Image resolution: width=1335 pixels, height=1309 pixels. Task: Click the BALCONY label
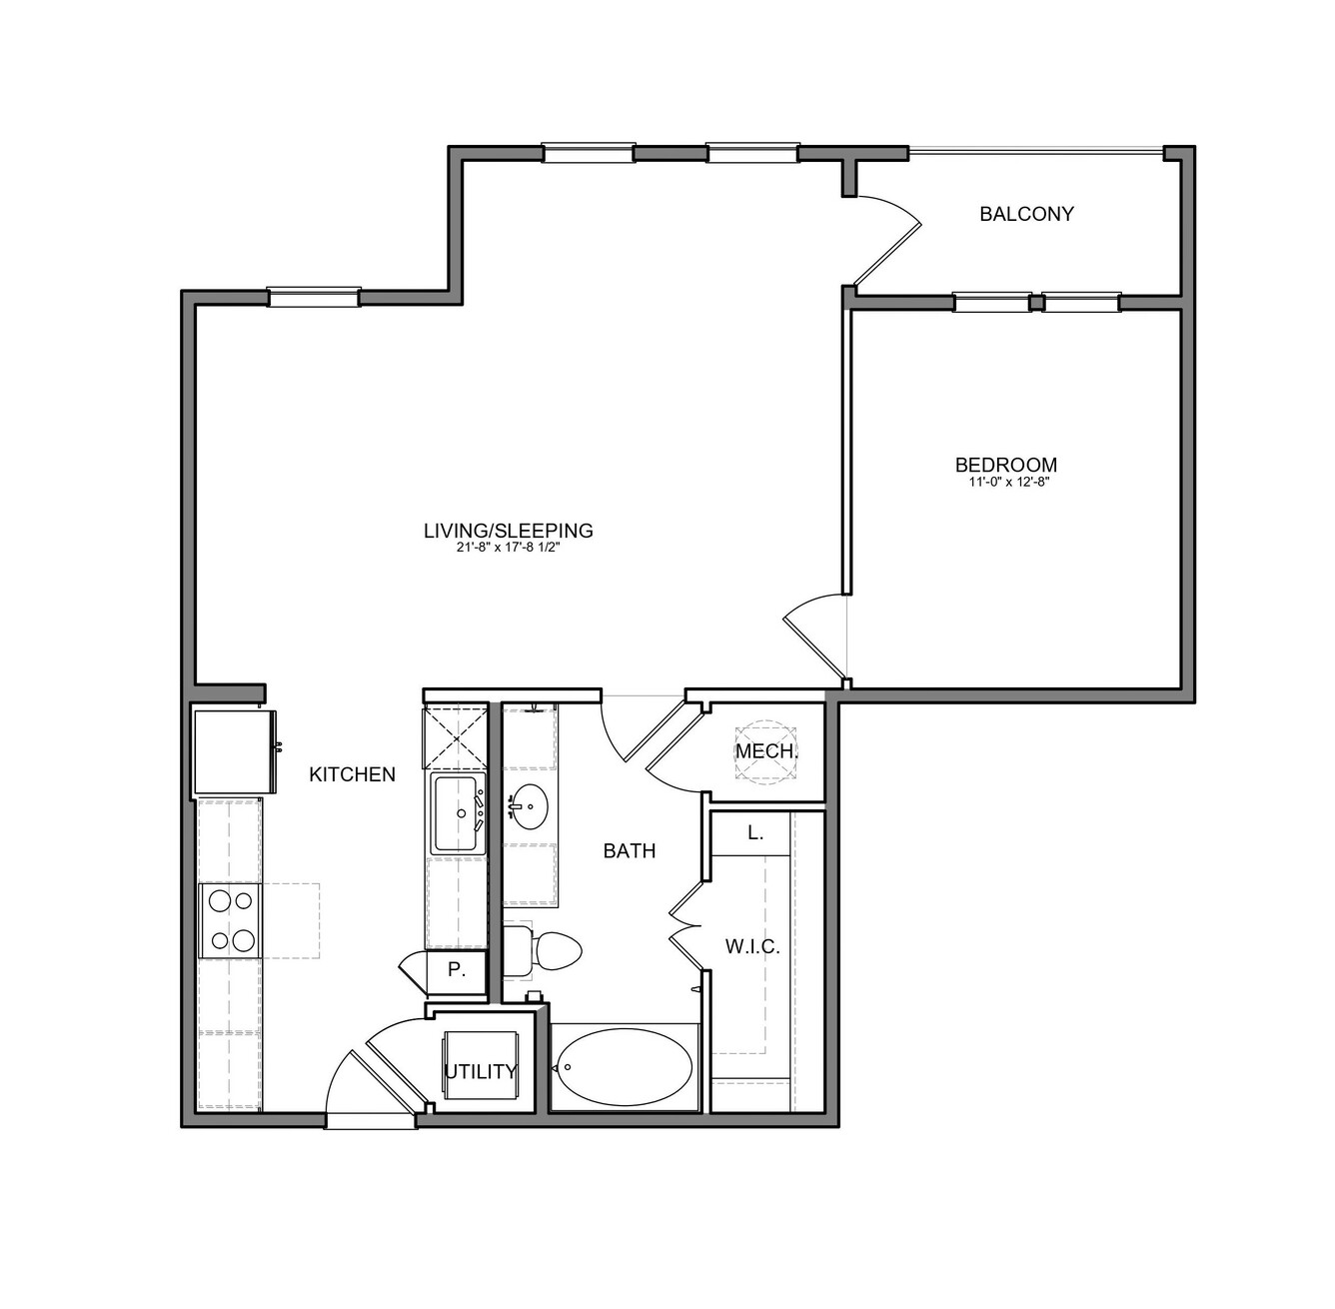(x=1026, y=214)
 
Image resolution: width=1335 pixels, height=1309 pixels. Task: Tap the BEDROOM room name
(x=1006, y=465)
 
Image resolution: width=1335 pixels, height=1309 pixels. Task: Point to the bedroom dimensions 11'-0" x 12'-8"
(x=1006, y=483)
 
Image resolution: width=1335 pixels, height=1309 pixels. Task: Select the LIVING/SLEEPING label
(x=509, y=531)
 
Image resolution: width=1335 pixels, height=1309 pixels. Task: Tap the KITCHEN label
(x=352, y=774)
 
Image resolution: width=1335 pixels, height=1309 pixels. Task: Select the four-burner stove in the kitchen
(x=230, y=921)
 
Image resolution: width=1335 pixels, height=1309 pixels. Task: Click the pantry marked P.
(x=456, y=969)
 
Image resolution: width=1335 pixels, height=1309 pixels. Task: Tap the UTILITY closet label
(x=480, y=1072)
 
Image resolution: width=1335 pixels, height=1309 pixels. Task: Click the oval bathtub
(x=625, y=1066)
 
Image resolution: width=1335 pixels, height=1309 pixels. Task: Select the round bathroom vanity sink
(x=529, y=806)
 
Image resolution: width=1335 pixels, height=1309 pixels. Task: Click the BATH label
(x=630, y=851)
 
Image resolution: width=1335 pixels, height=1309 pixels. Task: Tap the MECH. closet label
(x=766, y=751)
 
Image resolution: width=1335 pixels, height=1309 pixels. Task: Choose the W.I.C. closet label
(x=752, y=946)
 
